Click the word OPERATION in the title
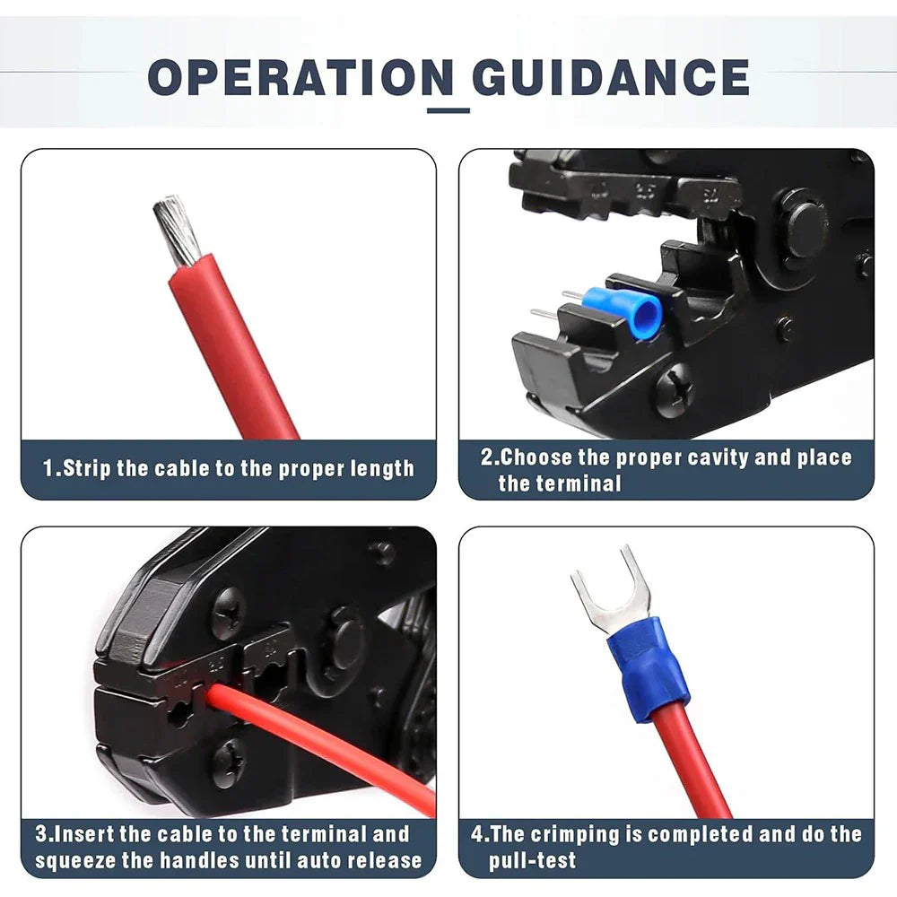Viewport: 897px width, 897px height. (301, 77)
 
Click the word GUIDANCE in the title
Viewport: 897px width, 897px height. (610, 77)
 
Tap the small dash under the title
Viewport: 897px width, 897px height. (448, 111)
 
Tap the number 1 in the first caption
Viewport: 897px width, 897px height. (48, 468)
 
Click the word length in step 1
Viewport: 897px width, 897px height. (382, 468)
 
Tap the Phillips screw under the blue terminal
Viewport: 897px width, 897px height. (675, 391)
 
